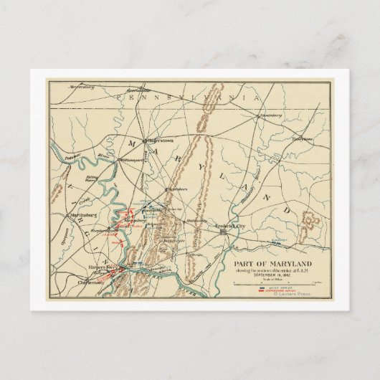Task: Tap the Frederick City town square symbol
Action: [x=224, y=232]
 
